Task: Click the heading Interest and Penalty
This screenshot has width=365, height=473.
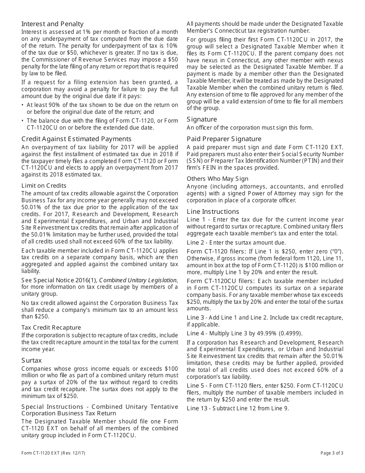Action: (x=52, y=24)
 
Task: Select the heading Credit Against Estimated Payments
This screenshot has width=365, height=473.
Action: (x=76, y=139)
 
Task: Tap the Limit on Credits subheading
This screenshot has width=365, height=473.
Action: (x=44, y=186)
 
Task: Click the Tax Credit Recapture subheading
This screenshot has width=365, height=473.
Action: (x=51, y=327)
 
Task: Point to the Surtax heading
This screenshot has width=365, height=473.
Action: (x=32, y=360)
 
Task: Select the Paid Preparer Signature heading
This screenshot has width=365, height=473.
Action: (x=224, y=139)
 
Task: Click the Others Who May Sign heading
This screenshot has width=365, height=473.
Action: (x=217, y=178)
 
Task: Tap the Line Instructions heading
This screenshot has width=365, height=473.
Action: (x=213, y=212)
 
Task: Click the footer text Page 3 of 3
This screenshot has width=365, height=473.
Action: (x=332, y=453)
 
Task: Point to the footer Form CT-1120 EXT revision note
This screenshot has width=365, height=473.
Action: (x=53, y=453)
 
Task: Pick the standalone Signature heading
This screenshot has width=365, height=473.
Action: (x=202, y=119)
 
